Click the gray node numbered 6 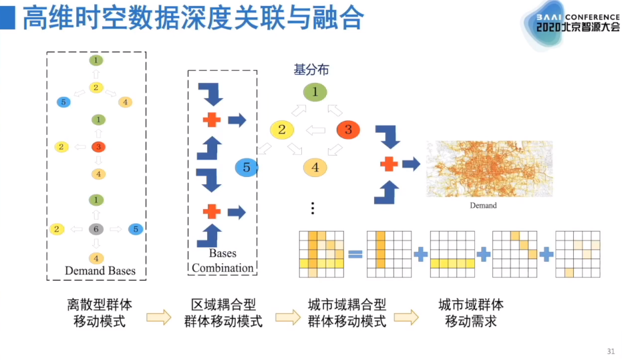click(x=96, y=229)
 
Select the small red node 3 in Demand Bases click(x=98, y=146)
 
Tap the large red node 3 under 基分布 click(x=348, y=130)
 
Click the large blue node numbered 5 click(x=247, y=168)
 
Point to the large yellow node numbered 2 click(x=281, y=130)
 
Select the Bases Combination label click(x=222, y=260)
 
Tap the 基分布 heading click(x=311, y=69)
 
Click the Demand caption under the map click(x=483, y=206)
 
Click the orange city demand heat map click(x=484, y=169)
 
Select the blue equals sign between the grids click(x=355, y=254)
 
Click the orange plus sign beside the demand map click(x=389, y=164)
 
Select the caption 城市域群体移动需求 click(x=471, y=313)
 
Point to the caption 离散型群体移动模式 click(x=100, y=313)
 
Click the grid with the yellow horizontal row click(x=453, y=254)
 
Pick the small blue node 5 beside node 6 click(x=136, y=229)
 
